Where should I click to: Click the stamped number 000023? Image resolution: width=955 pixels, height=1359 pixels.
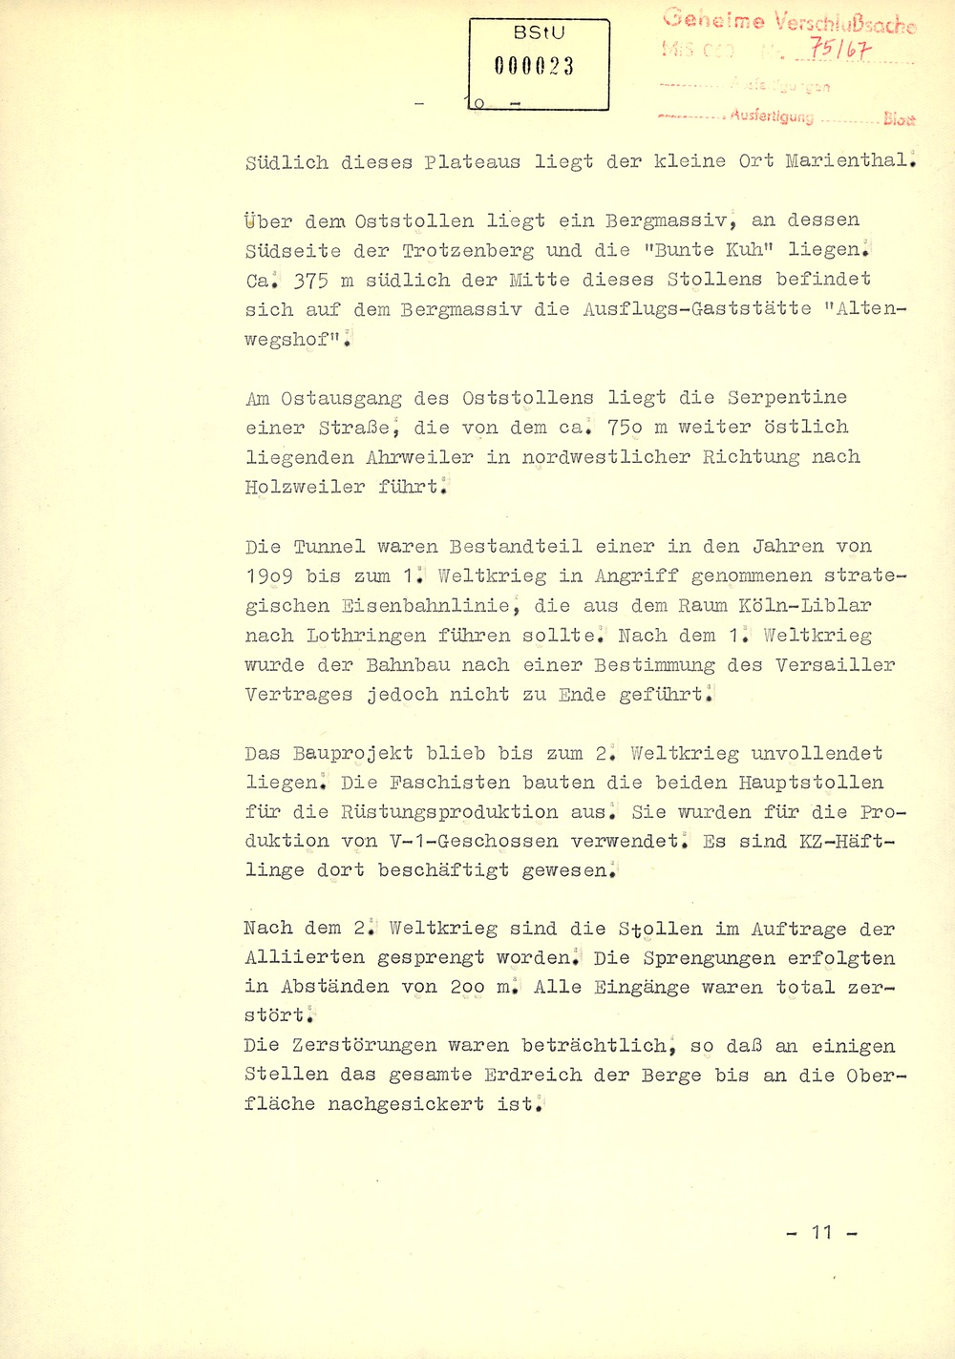pyautogui.click(x=535, y=66)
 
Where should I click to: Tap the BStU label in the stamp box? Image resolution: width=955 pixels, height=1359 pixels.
pyautogui.click(x=539, y=32)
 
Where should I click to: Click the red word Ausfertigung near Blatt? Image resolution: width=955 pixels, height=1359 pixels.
pyautogui.click(x=772, y=116)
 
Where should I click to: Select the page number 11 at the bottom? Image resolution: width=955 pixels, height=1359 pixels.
pyautogui.click(x=821, y=1232)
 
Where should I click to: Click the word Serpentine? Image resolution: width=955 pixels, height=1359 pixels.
pyautogui.click(x=787, y=398)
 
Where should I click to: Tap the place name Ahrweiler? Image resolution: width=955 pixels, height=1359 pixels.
pyautogui.click(x=419, y=457)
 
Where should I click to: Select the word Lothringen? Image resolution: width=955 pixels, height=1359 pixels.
pyautogui.click(x=366, y=636)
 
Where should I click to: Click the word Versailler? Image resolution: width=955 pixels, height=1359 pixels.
pyautogui.click(x=835, y=665)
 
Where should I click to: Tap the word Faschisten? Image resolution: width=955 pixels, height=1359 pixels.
pyautogui.click(x=426, y=783)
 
